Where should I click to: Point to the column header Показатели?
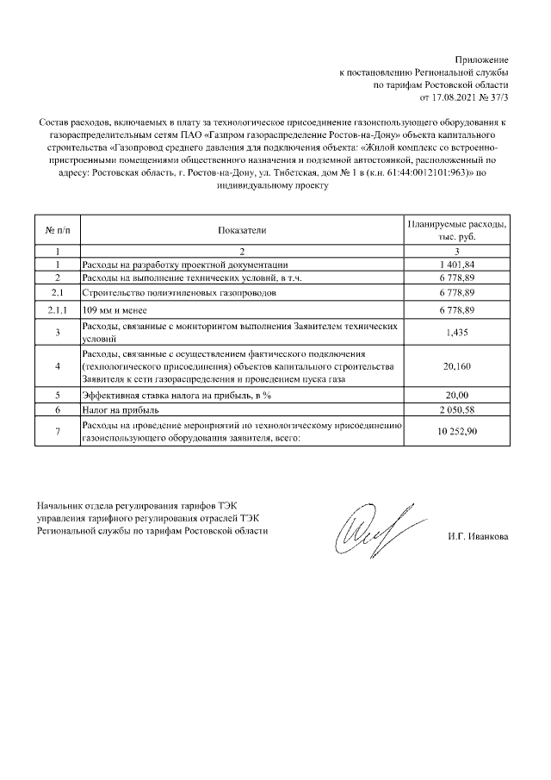tap(243, 230)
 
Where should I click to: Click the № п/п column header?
tap(57, 230)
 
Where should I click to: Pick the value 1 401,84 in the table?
tap(456, 265)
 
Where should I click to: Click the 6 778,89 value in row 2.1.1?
tap(456, 309)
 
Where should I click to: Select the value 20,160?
tap(456, 366)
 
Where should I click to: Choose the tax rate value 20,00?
tap(456, 395)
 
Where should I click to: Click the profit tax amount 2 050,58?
tap(456, 409)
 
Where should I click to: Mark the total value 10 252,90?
tap(456, 431)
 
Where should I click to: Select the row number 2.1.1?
tap(57, 309)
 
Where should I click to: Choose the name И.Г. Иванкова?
tap(478, 537)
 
